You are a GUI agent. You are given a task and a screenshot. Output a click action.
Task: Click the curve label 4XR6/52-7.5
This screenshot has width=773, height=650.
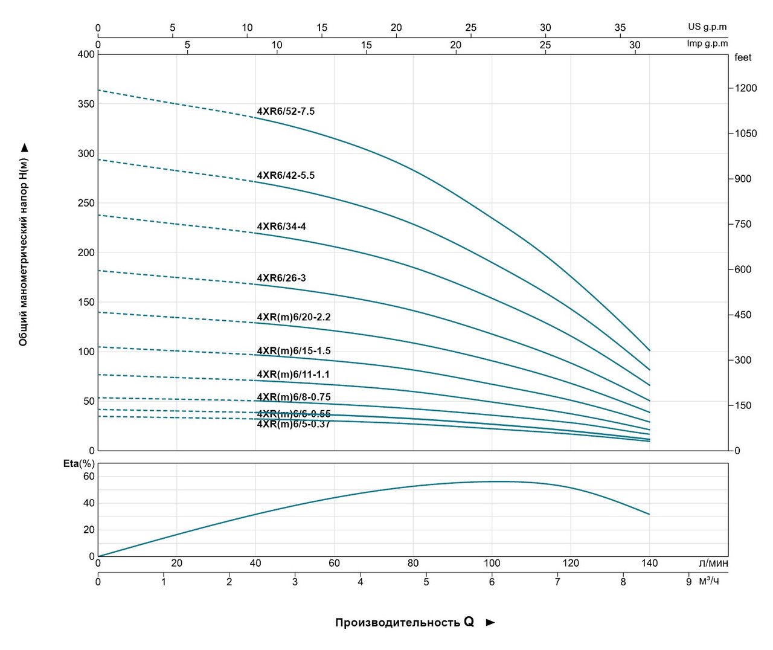[286, 111]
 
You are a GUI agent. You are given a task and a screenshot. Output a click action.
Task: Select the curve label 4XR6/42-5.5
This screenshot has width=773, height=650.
[286, 175]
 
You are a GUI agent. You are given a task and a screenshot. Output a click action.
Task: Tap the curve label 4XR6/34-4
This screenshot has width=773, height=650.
[281, 227]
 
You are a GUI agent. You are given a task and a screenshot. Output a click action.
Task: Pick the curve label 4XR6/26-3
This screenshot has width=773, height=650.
[281, 278]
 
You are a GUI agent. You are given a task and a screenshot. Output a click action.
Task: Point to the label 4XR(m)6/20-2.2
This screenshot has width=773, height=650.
[293, 317]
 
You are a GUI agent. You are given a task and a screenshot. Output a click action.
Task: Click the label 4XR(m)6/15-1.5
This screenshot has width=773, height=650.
[293, 351]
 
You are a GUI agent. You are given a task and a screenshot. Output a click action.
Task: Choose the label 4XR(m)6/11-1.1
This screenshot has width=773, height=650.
[293, 375]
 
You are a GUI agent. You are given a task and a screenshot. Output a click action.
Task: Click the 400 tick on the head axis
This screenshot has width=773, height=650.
[86, 54]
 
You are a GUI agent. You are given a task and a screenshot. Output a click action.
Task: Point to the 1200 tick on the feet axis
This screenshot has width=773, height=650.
[745, 88]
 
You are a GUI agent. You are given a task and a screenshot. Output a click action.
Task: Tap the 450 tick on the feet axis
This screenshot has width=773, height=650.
[743, 315]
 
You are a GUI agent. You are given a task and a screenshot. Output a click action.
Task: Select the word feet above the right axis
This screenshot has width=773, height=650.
[743, 57]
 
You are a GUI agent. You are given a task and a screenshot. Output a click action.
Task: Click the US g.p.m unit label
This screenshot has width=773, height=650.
[707, 27]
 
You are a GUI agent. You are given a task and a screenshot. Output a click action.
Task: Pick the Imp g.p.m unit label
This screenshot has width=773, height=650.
[707, 43]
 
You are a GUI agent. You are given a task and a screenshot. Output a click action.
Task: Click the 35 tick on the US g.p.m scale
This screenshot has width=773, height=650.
[620, 28]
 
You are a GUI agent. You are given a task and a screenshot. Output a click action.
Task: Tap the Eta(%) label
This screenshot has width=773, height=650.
[79, 463]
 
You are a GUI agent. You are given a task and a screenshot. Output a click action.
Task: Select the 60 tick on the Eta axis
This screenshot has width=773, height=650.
[89, 476]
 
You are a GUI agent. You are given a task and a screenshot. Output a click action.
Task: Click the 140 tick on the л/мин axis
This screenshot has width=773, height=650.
[649, 563]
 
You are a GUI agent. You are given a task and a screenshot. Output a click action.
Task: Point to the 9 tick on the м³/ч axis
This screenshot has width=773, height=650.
[688, 582]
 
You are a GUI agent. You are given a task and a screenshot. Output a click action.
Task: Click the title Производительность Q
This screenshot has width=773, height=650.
[405, 622]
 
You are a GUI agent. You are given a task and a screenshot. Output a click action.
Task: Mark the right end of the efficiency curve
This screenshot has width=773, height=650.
[649, 515]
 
